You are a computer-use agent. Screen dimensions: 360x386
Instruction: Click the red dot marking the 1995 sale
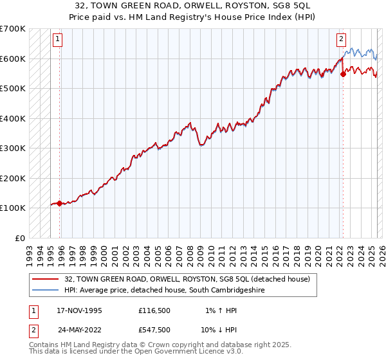tap(59, 203)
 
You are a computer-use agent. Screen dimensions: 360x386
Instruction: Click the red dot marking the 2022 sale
tap(343, 74)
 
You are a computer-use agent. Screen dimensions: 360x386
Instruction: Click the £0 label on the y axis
tap(21, 238)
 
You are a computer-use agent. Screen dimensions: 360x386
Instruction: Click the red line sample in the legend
tap(44, 279)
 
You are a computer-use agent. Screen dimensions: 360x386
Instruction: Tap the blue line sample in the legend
tap(44, 291)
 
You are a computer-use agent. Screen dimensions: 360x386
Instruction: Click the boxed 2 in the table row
tap(32, 330)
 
